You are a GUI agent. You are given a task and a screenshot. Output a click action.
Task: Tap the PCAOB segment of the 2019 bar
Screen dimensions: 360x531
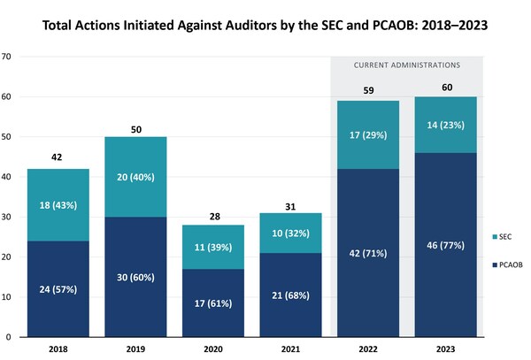[x=135, y=277]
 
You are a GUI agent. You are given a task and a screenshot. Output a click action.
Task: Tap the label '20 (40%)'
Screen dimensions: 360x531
[x=135, y=176]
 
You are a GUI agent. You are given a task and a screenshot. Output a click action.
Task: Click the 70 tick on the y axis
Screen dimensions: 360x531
[x=6, y=57]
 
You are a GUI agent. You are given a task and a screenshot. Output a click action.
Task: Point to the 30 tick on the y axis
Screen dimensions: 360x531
[x=6, y=218]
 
